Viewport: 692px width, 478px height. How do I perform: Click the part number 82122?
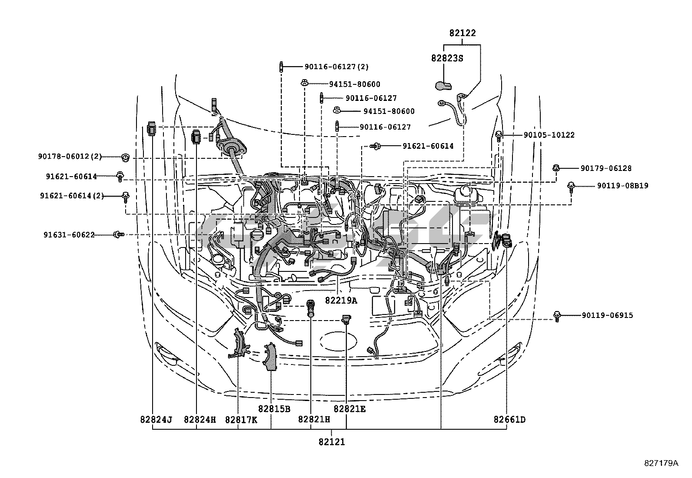[462, 33]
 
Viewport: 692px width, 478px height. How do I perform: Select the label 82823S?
[447, 58]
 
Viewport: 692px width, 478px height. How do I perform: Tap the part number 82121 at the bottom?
[332, 442]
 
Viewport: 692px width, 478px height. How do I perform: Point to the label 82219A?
[341, 300]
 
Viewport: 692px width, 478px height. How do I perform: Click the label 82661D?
[509, 420]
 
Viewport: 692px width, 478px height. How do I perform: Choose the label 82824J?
[156, 420]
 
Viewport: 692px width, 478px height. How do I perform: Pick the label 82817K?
[241, 420]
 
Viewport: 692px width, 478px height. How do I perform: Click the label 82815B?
[274, 409]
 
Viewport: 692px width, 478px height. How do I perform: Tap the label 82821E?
[349, 409]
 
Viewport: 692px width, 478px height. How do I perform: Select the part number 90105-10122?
[549, 135]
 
